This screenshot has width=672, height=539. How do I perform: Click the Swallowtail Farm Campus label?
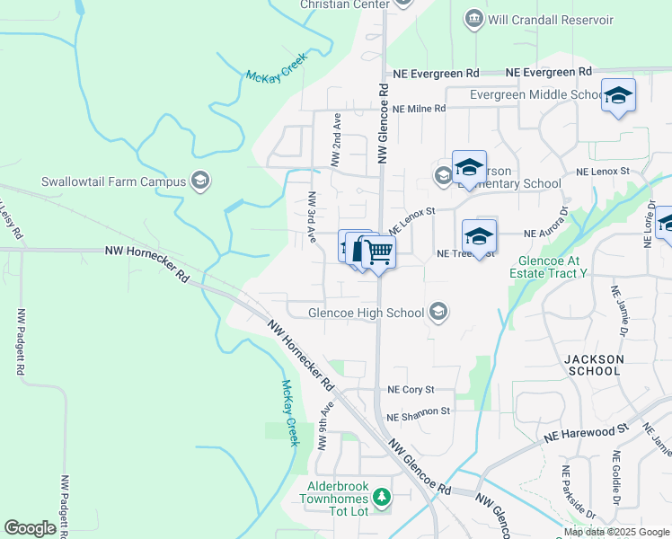113,181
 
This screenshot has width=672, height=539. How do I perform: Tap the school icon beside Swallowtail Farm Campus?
200,181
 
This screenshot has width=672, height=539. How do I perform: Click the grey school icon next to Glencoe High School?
438,312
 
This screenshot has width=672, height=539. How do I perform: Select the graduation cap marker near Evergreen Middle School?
618,95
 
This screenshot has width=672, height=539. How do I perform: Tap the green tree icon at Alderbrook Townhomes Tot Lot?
382,496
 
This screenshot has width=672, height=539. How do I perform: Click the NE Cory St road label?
411,390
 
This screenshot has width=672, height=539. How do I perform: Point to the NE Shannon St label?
418,414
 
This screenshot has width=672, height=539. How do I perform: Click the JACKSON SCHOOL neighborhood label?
593,365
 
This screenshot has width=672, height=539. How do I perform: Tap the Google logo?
30,527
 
